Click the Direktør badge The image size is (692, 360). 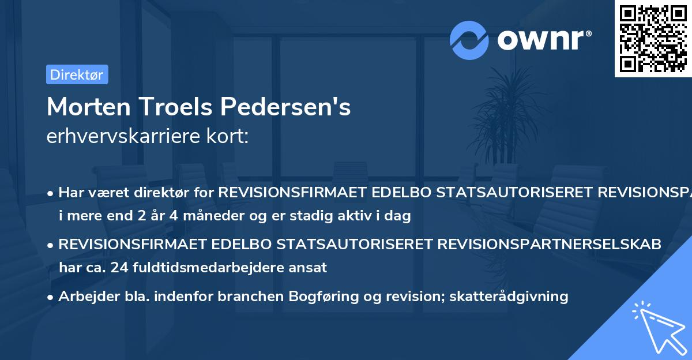pos(77,74)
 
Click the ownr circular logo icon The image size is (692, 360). pos(469,40)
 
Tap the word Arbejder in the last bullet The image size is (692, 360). pos(85,297)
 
